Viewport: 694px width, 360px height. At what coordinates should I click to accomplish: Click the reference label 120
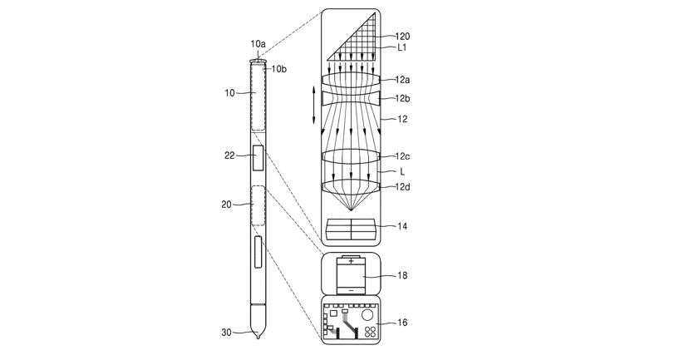point(402,37)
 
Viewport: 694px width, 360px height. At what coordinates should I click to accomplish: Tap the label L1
point(402,48)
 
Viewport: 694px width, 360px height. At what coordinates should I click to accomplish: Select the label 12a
point(402,80)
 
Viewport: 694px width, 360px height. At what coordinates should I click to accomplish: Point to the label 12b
point(402,99)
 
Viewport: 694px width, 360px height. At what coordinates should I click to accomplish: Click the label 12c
point(402,156)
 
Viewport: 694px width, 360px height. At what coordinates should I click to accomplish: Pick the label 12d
point(402,187)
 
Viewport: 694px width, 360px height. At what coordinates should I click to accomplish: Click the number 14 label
point(402,226)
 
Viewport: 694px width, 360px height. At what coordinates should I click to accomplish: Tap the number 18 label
point(402,275)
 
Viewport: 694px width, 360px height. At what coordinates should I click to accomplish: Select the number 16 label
point(402,323)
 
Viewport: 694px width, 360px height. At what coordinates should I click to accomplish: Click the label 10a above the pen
point(258,43)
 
